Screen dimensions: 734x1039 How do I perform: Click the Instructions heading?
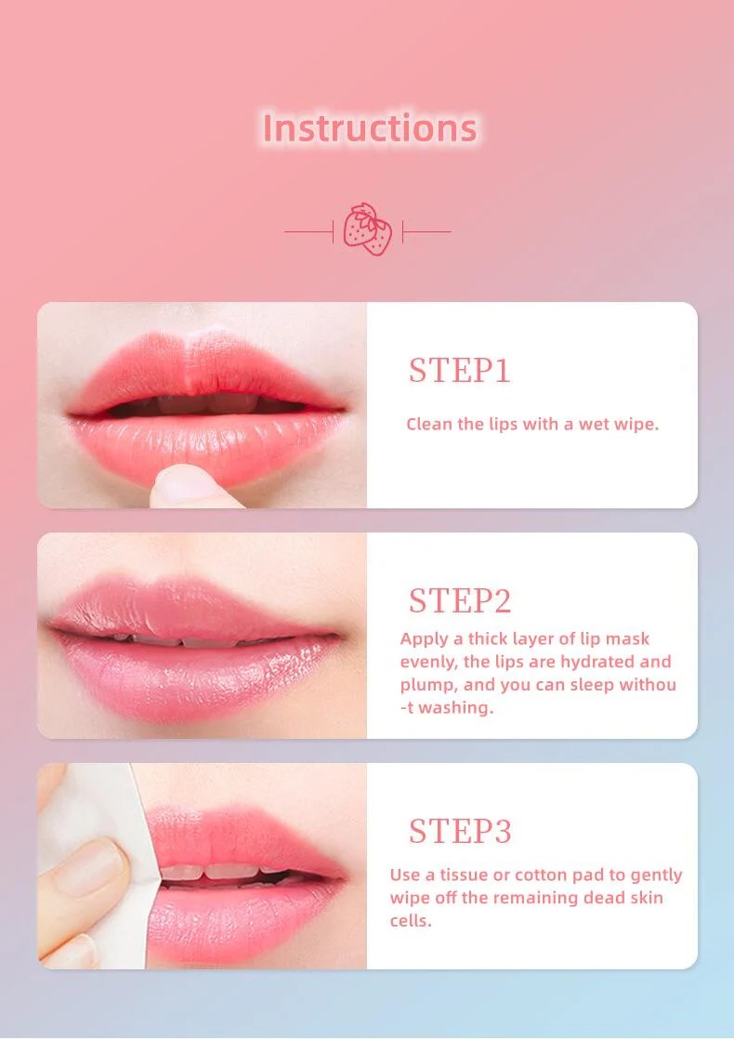tap(370, 127)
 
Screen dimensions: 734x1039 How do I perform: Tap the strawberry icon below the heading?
tap(368, 230)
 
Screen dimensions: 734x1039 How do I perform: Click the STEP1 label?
tap(459, 370)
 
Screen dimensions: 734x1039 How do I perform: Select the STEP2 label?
tap(460, 600)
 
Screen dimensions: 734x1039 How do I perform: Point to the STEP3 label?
tap(460, 830)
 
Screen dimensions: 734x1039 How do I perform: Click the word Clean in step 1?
tap(429, 424)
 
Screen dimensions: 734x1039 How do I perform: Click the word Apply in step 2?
tap(424, 639)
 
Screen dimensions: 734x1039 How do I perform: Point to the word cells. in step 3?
tap(411, 920)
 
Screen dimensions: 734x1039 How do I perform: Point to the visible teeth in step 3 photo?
tap(218, 871)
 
